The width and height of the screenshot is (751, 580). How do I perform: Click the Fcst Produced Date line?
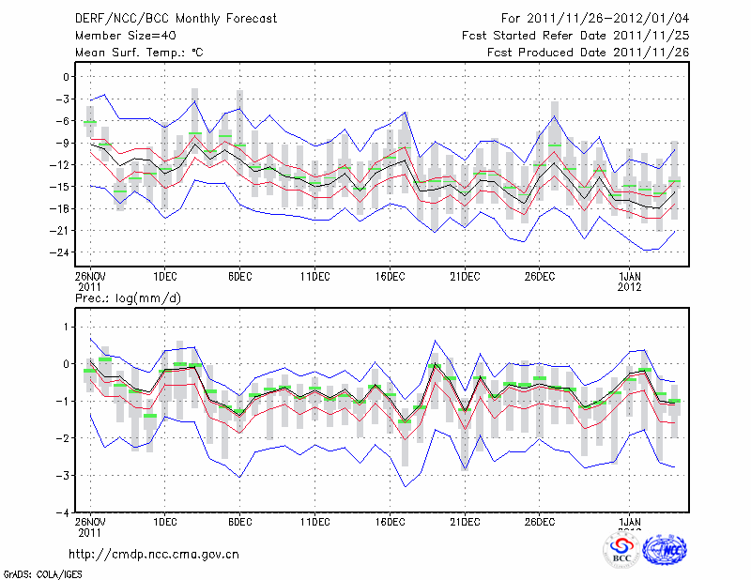coord(588,53)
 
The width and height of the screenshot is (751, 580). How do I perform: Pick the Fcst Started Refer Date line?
coord(575,35)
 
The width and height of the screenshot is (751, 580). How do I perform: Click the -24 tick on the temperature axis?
coord(61,252)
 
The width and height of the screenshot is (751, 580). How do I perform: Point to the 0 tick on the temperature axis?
coord(67,77)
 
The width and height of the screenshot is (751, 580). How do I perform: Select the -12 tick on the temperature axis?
coord(61,165)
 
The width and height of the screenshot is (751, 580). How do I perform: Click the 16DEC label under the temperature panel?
coord(390,277)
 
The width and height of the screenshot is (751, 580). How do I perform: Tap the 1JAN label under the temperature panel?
coord(631,277)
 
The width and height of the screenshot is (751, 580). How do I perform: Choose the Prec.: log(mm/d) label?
coord(128,298)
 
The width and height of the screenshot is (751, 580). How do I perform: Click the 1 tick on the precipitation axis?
coord(67,327)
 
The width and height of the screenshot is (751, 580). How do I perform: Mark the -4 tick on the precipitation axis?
coord(63,512)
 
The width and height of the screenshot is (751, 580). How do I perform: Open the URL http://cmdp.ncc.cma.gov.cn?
coord(154,554)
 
